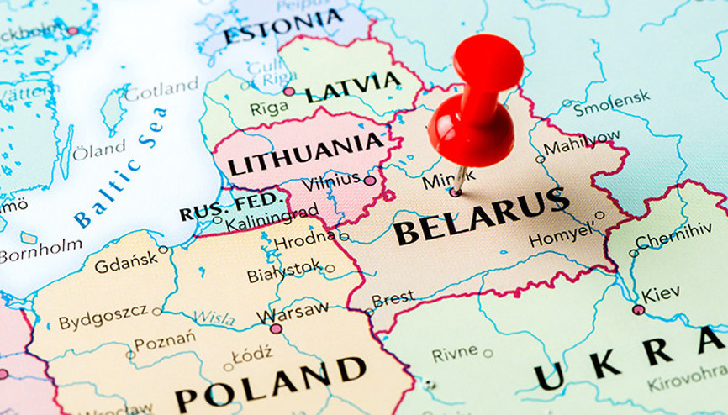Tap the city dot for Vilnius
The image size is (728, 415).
(370, 180)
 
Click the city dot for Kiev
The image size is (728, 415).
(638, 309)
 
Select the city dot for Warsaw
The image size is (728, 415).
(277, 328)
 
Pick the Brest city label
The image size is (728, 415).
(393, 298)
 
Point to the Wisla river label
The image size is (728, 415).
(214, 318)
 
